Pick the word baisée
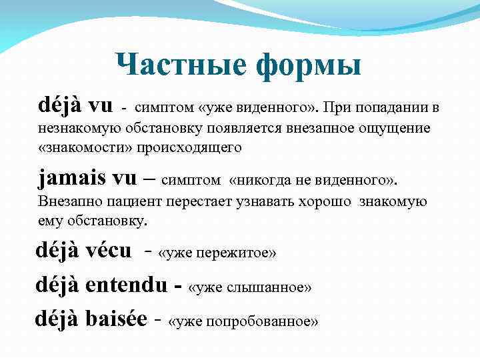[x=117, y=319]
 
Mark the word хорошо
[x=319, y=201]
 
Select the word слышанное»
[x=267, y=287]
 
